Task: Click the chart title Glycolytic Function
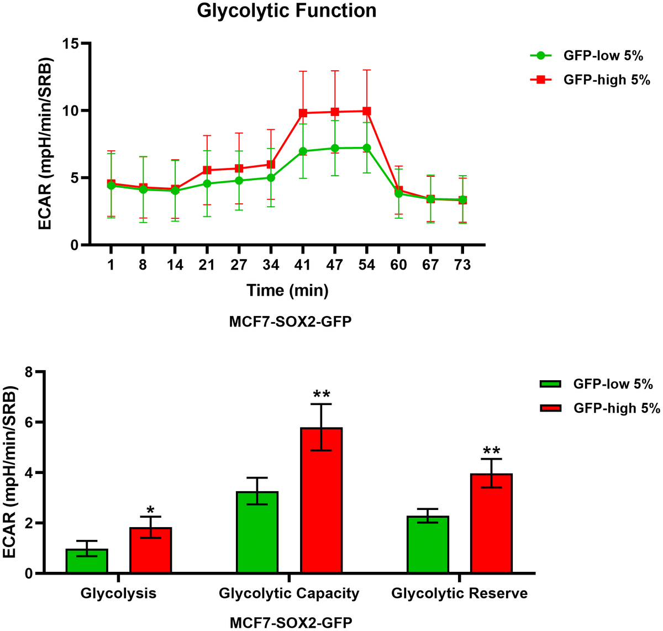point(287,10)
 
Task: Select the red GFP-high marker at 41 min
point(302,113)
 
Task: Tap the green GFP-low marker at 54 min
point(366,148)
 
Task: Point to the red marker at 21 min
point(207,170)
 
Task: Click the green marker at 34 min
point(271,177)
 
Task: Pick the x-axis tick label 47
point(334,265)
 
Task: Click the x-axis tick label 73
point(462,265)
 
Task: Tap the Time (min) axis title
point(287,290)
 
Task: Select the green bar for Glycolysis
point(87,561)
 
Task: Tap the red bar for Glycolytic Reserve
point(492,523)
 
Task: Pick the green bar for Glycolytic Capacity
point(257,532)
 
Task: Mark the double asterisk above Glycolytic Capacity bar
point(322,395)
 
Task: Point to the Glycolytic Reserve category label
point(459,593)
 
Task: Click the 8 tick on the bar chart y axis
point(28,372)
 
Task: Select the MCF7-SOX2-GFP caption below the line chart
point(290,322)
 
